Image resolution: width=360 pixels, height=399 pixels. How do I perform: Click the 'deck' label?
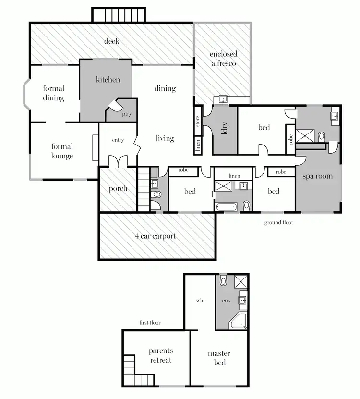pos(111,41)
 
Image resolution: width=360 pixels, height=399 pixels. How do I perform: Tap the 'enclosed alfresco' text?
pos(223,59)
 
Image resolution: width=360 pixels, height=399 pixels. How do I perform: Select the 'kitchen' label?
pos(108,80)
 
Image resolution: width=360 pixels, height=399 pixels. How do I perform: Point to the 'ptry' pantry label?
pos(127,114)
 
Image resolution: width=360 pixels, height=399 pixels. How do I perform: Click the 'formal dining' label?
pos(53,93)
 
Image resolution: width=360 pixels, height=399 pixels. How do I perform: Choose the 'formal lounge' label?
pos(62,151)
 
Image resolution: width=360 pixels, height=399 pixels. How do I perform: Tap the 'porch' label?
pos(118,189)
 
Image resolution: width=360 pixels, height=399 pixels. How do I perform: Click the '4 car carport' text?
pos(156,236)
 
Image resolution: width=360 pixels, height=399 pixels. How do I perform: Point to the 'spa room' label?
pos(317,176)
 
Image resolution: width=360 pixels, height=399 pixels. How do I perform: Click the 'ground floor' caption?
pos(278,223)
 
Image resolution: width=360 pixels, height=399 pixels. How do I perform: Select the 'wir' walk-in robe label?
pos(200,301)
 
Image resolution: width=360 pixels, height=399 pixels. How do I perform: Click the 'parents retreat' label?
pos(160,355)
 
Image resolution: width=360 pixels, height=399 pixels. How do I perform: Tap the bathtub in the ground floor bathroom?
pos(226,207)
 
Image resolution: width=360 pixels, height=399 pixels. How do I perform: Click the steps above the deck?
pos(119,14)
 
